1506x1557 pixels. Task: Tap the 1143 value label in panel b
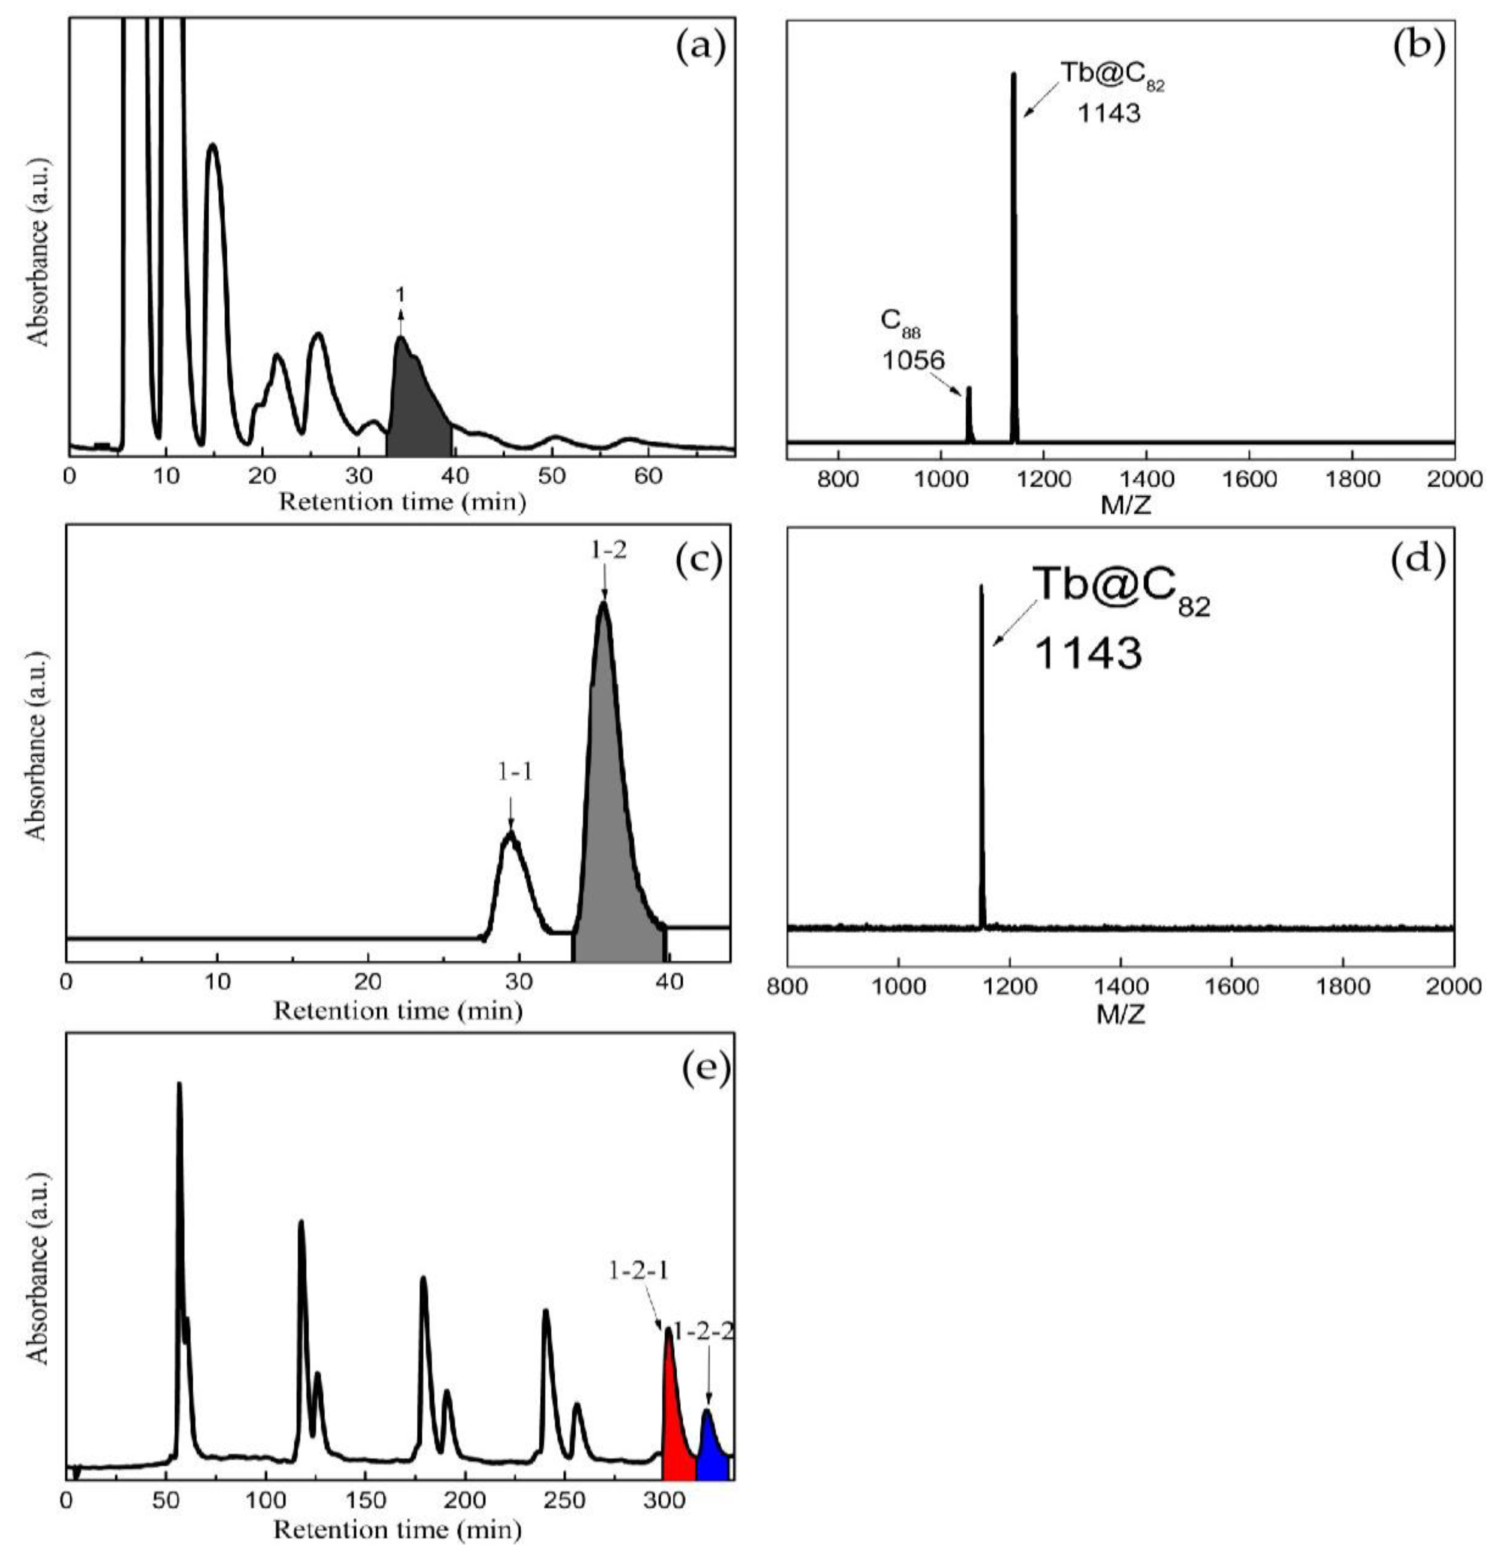[x=1109, y=113]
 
